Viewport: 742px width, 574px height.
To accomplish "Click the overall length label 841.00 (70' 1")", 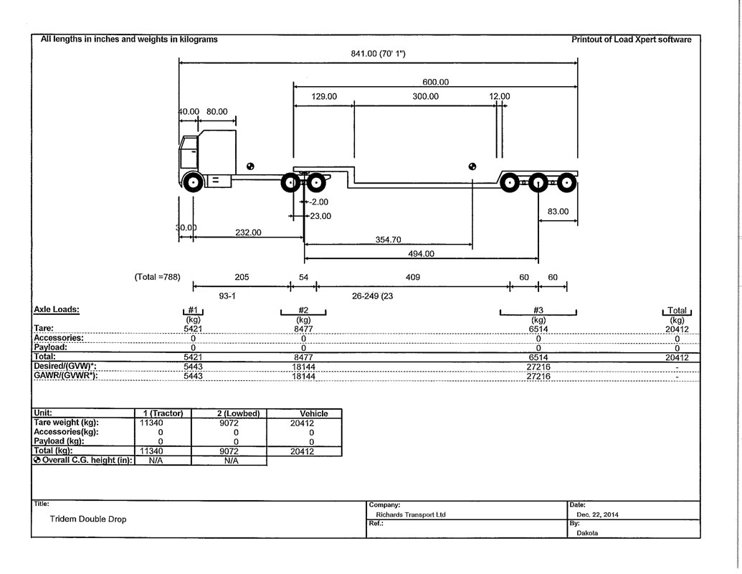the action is (x=378, y=54).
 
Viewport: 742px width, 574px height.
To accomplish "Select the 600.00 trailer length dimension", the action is (x=435, y=82).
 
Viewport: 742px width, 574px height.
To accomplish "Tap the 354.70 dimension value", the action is (x=388, y=240).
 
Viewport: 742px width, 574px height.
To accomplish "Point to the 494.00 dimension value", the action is (x=421, y=254).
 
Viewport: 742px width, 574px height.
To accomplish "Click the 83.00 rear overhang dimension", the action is (x=558, y=211).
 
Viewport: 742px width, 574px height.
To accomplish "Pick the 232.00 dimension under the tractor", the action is (x=248, y=232).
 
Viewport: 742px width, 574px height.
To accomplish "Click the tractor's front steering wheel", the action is (x=193, y=182).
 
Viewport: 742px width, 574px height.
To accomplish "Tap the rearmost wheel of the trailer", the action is (x=566, y=183).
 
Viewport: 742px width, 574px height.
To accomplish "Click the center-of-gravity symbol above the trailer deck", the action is (x=472, y=166).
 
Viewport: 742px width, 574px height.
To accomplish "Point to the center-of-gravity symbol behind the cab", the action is (x=250, y=166).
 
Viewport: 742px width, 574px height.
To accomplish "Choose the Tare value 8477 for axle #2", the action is (x=303, y=329).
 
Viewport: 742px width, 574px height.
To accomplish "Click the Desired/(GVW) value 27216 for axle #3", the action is (x=538, y=367).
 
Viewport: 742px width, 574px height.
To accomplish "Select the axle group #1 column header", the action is (x=193, y=310).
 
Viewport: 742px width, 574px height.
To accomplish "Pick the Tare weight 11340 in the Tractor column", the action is (x=151, y=423).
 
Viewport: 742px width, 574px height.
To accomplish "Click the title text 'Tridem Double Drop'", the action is (x=88, y=519).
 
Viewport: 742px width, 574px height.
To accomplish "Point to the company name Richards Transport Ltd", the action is (x=411, y=514).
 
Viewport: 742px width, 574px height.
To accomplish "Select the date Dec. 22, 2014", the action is (x=597, y=514).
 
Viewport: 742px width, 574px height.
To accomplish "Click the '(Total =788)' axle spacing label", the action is (x=158, y=277).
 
